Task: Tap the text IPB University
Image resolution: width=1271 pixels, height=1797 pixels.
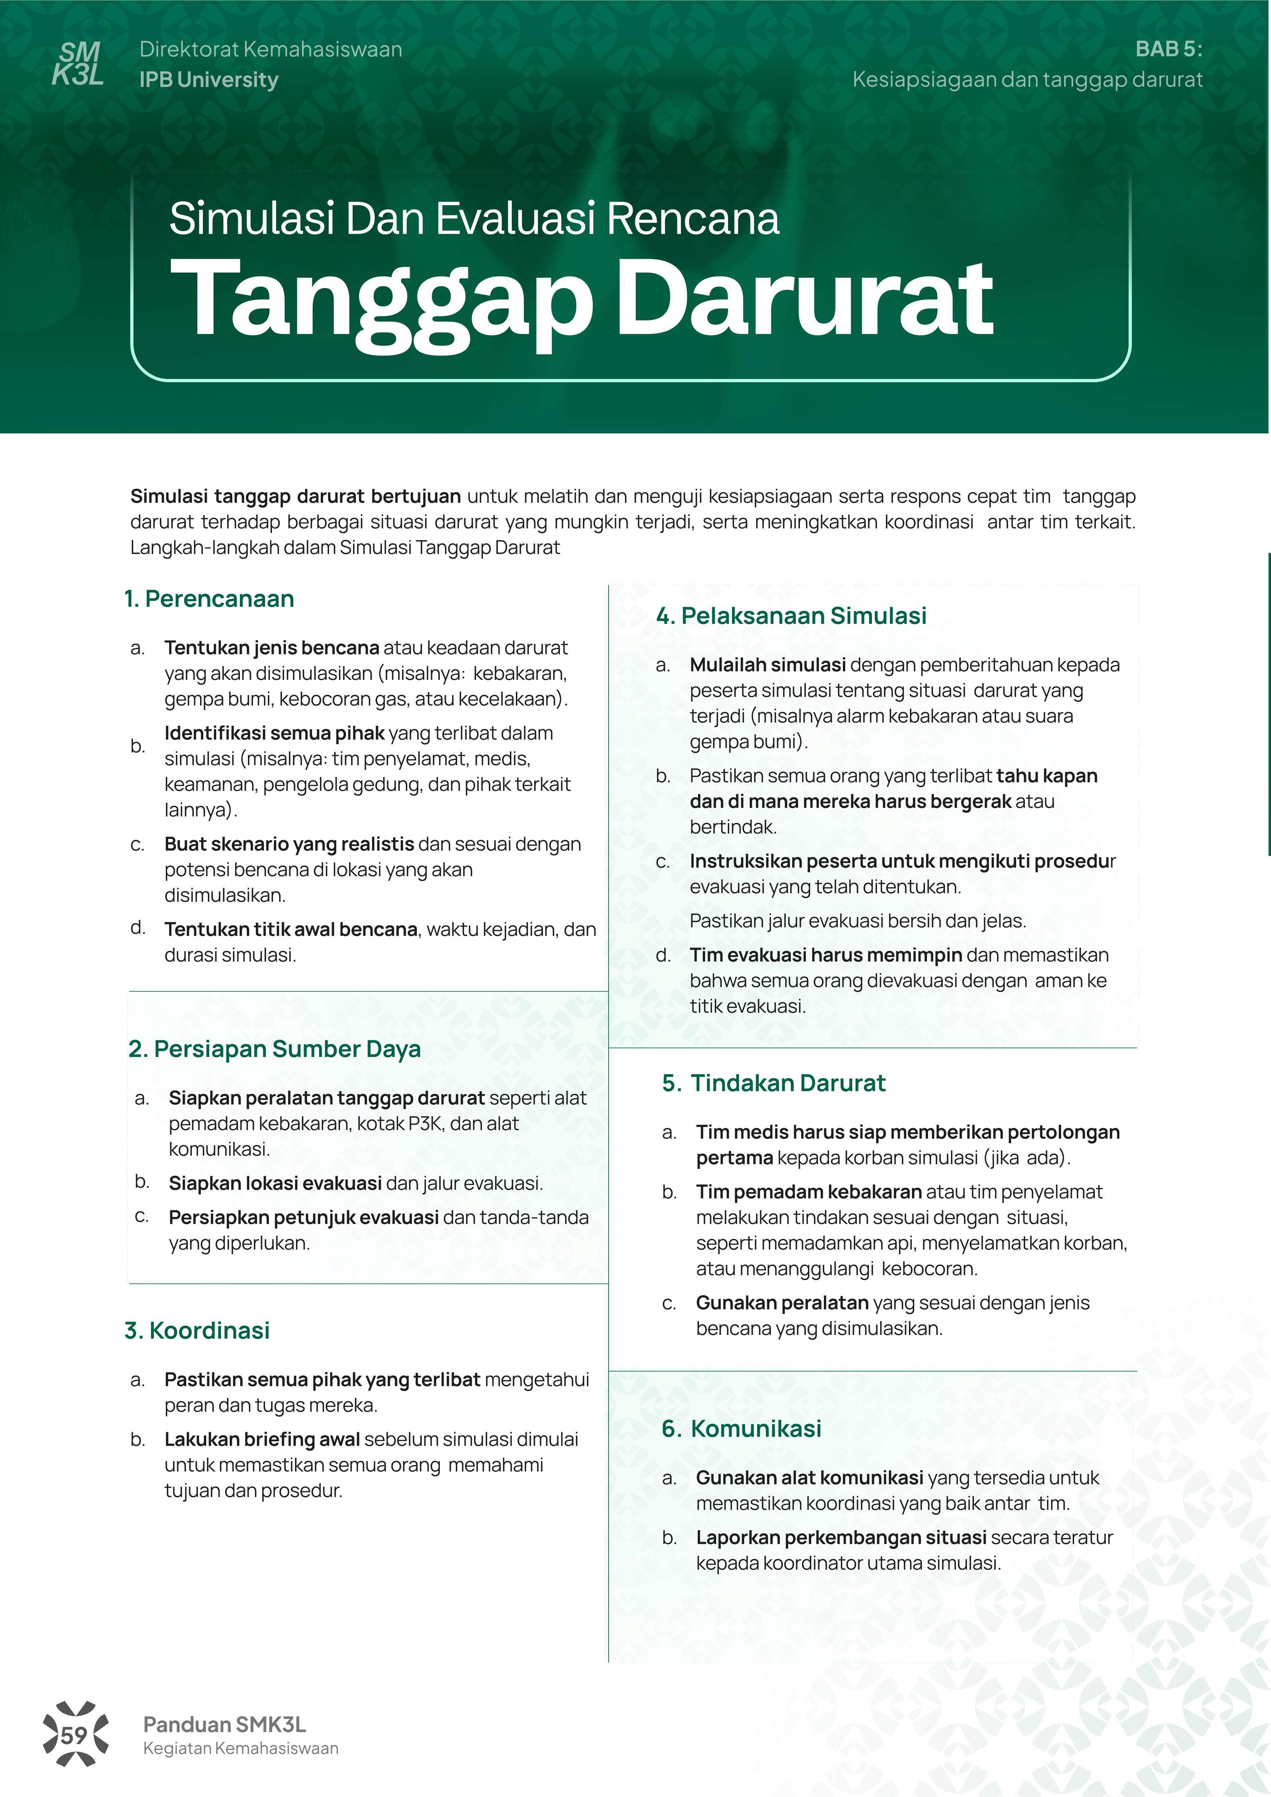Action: tap(208, 80)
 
